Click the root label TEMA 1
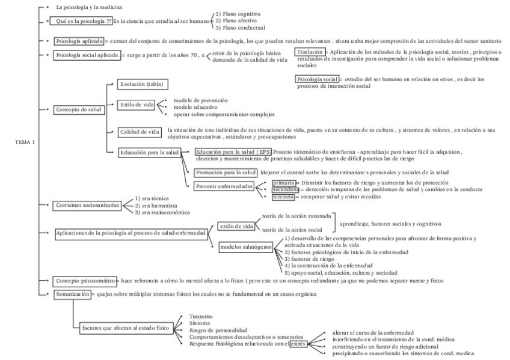[x=25, y=142]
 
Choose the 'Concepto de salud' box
[x=79, y=110]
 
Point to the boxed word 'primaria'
[x=283, y=182]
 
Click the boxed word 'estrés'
[x=298, y=344]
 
